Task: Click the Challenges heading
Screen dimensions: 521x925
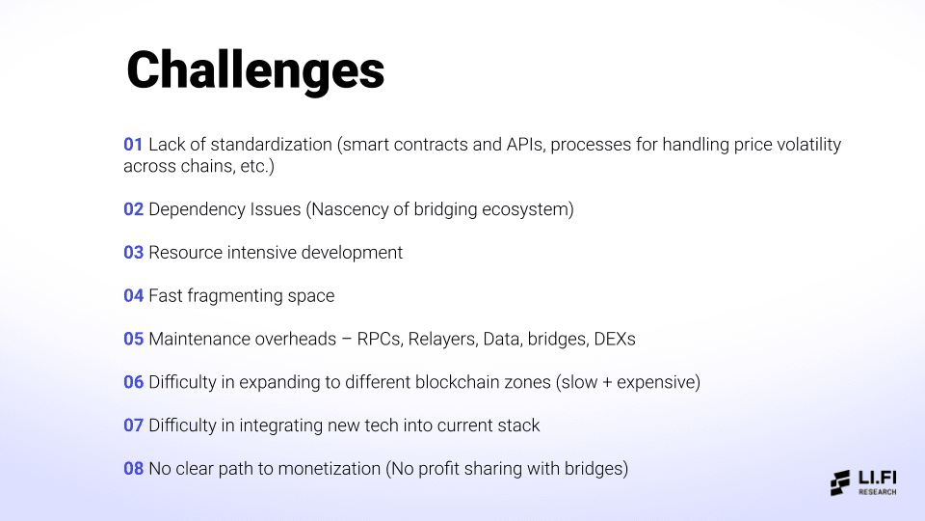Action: [255, 69]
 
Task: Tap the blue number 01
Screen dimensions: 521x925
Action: [133, 145]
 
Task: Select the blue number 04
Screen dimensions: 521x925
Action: [133, 295]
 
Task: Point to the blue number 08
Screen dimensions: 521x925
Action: [133, 469]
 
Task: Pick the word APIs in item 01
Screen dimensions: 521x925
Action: [526, 145]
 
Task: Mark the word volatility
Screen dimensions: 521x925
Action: [802, 145]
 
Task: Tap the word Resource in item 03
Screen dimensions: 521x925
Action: [186, 253]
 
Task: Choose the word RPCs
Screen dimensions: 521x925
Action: [380, 339]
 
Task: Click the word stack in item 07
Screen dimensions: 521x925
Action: [519, 425]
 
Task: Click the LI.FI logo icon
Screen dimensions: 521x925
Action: [841, 482]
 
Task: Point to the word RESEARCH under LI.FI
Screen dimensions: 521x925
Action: [878, 492]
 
